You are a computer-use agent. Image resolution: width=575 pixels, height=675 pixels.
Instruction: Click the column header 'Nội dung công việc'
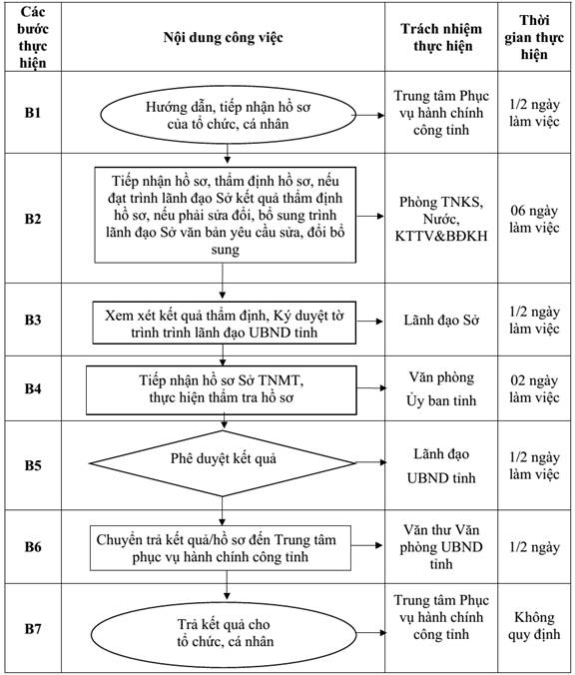coord(223,38)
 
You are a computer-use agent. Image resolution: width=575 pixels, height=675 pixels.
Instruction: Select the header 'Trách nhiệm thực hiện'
coord(441,37)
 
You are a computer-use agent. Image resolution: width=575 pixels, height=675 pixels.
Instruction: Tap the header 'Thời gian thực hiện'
coord(534,37)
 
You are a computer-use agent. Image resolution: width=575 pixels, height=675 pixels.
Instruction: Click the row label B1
coord(33,113)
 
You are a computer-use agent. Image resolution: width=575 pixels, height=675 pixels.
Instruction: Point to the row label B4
coord(33,388)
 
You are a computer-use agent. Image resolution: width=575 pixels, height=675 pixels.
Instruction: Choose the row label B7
coord(33,628)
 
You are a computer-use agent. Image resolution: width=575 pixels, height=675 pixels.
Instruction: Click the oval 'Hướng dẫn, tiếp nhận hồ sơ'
coord(229,115)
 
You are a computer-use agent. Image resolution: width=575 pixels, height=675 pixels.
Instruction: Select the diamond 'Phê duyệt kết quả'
coord(223,463)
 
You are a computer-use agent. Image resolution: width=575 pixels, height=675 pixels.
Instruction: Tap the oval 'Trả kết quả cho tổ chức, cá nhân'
coord(224,634)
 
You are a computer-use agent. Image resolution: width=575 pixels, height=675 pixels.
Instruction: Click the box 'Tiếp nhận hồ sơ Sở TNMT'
coord(222,390)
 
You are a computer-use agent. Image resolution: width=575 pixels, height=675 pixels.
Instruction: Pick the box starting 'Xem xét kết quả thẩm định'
coord(225,323)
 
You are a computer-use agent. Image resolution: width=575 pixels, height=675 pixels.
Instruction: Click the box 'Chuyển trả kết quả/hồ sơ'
coord(221,548)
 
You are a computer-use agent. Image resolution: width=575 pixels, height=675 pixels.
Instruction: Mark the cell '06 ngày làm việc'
coord(534,219)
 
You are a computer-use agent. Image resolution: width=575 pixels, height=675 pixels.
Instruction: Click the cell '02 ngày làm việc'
coord(534,388)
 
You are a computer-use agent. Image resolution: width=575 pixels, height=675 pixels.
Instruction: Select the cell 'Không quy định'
coord(534,625)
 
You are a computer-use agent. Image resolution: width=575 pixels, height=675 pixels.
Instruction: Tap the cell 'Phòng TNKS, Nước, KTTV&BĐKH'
coord(441,219)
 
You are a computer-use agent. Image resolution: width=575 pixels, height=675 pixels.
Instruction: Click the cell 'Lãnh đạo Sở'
coord(441,321)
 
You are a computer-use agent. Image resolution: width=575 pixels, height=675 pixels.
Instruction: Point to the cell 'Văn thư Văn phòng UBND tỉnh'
coord(441,547)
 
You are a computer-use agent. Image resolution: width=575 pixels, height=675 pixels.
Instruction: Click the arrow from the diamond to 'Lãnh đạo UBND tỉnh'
coord(371,462)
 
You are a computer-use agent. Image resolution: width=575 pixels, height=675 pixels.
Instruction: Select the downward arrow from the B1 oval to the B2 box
coord(228,154)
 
